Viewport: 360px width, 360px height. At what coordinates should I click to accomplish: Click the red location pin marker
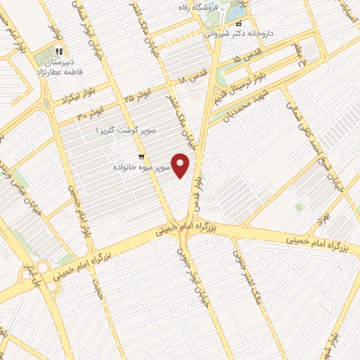coord(182,166)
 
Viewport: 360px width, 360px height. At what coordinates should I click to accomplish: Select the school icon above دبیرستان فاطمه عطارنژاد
coord(60,51)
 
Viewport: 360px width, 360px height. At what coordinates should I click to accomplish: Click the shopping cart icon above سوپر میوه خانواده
coord(142,157)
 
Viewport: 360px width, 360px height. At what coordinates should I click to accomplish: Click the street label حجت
coord(97,287)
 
